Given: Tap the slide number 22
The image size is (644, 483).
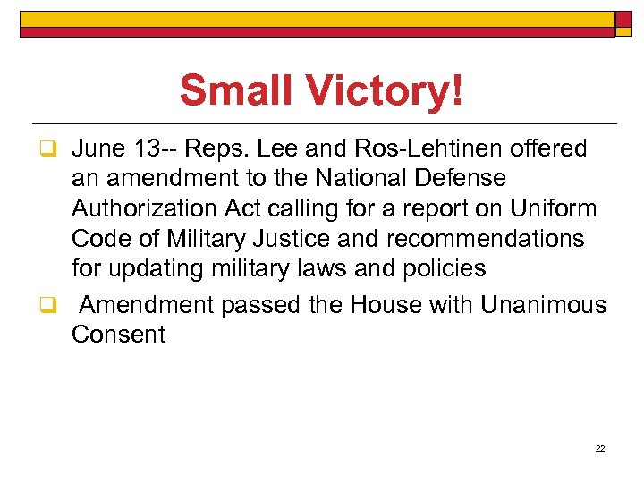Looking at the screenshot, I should click(600, 448).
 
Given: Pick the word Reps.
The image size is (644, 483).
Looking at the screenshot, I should click(235, 148).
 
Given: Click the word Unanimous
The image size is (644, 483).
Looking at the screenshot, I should click(543, 306).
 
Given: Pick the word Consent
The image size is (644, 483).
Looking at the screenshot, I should click(118, 335).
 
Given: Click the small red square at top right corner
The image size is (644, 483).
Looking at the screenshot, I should click(624, 21).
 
